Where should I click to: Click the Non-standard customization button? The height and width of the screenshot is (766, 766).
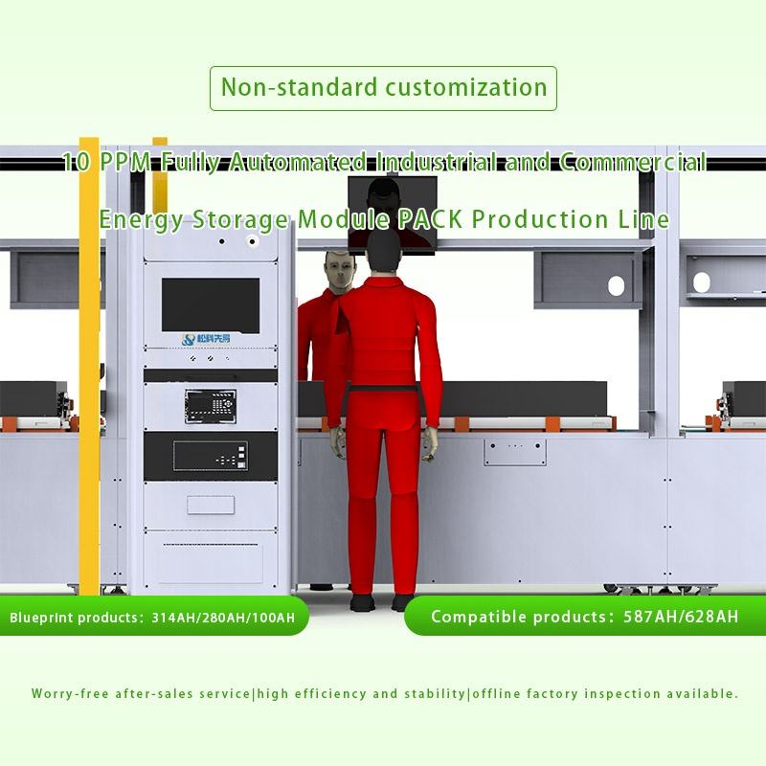(383, 87)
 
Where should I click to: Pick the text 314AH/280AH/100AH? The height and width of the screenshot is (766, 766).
(230, 618)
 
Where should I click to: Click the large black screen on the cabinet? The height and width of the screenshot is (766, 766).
(211, 304)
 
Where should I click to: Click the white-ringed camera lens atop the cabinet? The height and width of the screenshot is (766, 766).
(253, 242)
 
